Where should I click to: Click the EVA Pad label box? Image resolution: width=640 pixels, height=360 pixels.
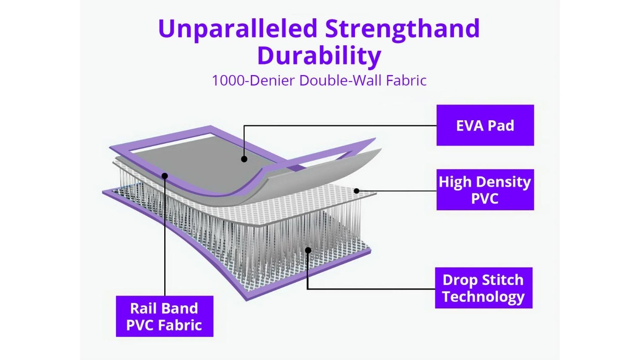[x=485, y=125]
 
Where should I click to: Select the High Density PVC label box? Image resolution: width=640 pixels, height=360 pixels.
[x=485, y=190]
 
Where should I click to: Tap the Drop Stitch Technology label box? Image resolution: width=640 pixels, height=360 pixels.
[x=484, y=288]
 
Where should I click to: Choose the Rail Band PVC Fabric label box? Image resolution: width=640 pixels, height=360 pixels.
[x=165, y=316]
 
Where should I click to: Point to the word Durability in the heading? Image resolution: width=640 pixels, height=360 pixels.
[x=320, y=56]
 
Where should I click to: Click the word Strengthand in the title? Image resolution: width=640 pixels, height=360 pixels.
[x=402, y=29]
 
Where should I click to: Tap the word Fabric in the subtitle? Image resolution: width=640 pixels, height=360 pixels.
[x=406, y=80]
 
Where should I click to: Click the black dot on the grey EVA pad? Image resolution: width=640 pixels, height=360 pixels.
[x=244, y=159]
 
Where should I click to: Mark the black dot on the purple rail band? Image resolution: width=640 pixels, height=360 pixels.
[x=165, y=176]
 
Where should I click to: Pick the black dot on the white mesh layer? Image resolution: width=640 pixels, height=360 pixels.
[x=356, y=191]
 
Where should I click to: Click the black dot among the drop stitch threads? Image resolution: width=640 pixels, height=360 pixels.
[x=308, y=250]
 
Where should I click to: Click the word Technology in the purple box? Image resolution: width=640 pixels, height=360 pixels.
[x=483, y=296]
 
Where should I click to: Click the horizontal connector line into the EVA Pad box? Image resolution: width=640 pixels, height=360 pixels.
[x=340, y=125]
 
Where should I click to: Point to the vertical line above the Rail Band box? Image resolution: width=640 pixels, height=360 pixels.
[x=165, y=236]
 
